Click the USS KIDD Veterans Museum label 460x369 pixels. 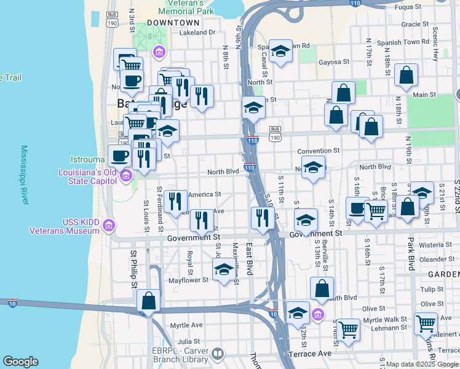(x=64, y=226)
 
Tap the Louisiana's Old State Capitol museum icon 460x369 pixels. (x=126, y=177)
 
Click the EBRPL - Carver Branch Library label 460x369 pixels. (x=172, y=355)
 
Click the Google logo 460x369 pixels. (x=20, y=362)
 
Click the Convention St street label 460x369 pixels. (x=318, y=151)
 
